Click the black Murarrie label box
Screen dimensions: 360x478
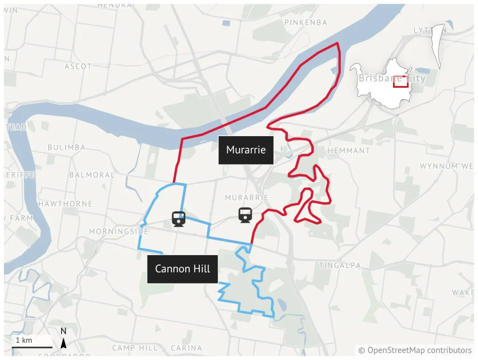click(x=246, y=150)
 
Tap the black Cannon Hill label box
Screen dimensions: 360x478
click(x=183, y=269)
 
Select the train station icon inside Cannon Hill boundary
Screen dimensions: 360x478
click(x=179, y=218)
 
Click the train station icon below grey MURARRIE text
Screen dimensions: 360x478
click(x=245, y=215)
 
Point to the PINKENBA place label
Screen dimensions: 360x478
click(x=306, y=22)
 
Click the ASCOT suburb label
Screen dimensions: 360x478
click(x=78, y=67)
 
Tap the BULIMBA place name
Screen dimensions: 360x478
click(x=66, y=147)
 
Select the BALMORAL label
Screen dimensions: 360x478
click(x=92, y=175)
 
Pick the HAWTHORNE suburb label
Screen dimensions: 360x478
click(x=65, y=204)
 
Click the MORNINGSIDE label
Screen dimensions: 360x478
click(x=119, y=231)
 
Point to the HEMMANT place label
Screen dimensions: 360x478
click(x=349, y=151)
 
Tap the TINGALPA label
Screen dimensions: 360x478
click(x=340, y=265)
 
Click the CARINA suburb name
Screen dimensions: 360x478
click(x=186, y=348)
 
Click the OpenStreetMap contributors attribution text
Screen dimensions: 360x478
click(x=415, y=350)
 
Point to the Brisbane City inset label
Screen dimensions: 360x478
click(x=392, y=78)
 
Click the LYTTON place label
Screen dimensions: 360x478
click(x=427, y=30)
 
